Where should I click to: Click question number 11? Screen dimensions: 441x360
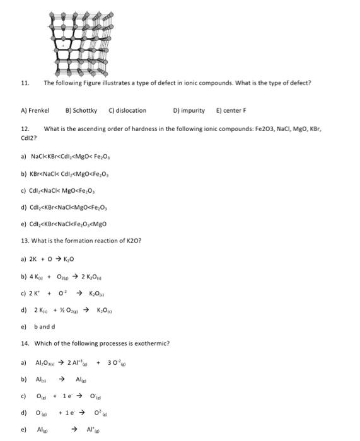[x=25, y=83]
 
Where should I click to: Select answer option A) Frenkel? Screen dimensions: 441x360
[x=35, y=110]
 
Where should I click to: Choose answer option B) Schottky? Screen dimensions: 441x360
[x=81, y=110]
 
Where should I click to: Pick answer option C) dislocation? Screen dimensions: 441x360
[x=127, y=110]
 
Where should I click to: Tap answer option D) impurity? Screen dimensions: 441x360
[x=189, y=110]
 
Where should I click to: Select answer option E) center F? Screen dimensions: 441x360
[x=231, y=110]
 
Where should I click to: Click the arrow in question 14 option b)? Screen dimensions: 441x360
[x=62, y=379]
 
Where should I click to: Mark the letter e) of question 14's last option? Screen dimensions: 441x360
[x=23, y=429]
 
